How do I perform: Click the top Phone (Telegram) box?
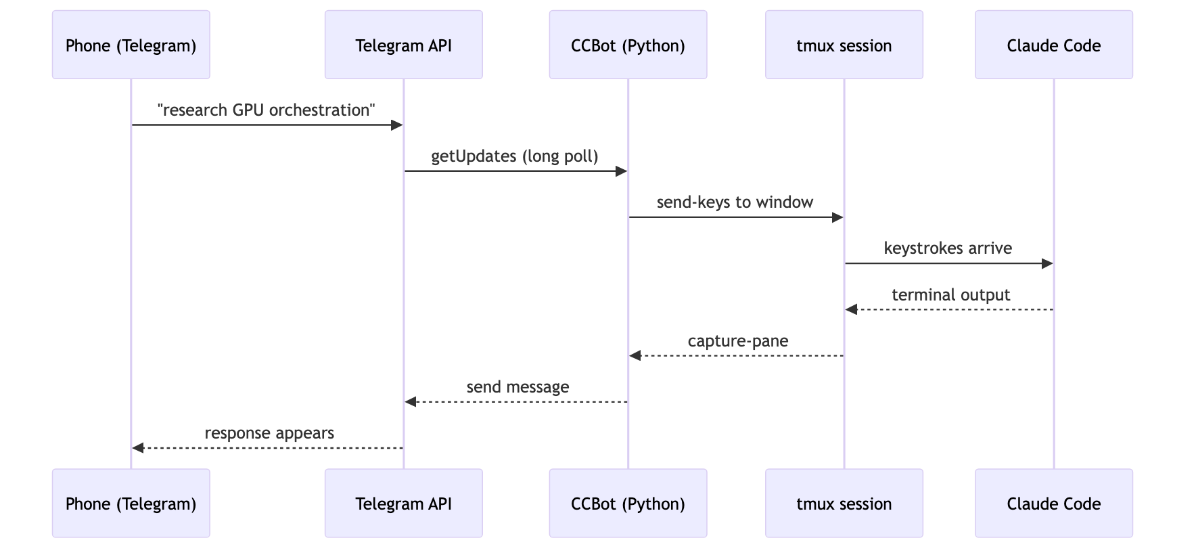click(131, 45)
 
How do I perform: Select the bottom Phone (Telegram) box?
click(131, 503)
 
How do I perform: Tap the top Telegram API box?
click(403, 45)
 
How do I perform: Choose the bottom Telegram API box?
click(403, 503)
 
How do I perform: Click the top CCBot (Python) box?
click(628, 45)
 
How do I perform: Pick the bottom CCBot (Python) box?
click(628, 503)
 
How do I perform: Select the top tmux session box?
click(844, 45)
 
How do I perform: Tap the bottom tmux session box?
click(844, 503)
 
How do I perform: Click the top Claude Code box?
click(1053, 45)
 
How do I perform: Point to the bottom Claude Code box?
click(1053, 503)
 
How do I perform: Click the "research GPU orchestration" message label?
click(267, 110)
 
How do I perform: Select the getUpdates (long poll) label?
click(515, 156)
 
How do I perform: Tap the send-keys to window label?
click(735, 202)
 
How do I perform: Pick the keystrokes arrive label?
click(948, 248)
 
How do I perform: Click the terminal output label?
click(950, 295)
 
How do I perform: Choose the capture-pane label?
click(738, 341)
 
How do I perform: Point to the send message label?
click(517, 387)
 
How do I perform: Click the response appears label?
click(269, 433)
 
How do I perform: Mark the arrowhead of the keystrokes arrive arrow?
click(1047, 263)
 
